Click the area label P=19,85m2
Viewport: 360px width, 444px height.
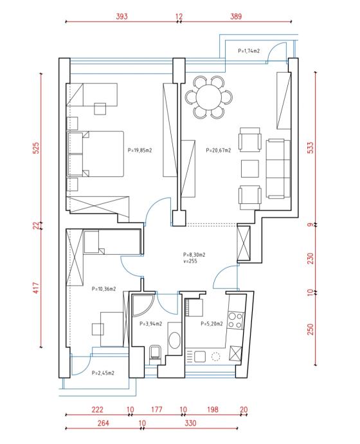coord(139,151)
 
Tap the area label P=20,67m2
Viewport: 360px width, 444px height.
coord(219,151)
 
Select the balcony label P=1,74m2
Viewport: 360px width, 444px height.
coord(249,51)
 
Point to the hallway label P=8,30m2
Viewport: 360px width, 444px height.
coord(194,255)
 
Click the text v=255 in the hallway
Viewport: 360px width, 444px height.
coord(190,261)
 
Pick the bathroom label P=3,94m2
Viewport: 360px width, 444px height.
coord(150,324)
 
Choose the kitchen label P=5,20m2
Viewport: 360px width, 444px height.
coord(212,324)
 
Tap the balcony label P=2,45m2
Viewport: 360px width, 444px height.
coord(103,373)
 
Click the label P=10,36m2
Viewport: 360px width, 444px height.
coord(104,289)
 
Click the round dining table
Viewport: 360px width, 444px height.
coord(209,97)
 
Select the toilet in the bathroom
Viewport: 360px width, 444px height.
coord(154,354)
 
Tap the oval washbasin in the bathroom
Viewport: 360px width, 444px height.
coord(174,340)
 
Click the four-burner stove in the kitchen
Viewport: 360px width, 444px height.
coord(235,320)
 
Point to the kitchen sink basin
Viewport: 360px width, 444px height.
coord(200,356)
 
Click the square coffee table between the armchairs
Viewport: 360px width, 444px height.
coord(250,169)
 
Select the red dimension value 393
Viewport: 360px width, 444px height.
coord(122,17)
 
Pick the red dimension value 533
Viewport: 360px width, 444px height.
coord(310,148)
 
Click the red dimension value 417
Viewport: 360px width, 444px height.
coord(36,288)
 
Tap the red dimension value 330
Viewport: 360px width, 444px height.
coord(190,423)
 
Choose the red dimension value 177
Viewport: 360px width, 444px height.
coord(157,409)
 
